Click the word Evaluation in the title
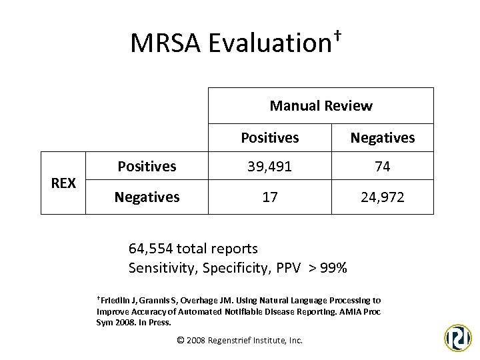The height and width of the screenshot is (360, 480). click(265, 43)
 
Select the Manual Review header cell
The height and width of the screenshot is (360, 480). click(321, 105)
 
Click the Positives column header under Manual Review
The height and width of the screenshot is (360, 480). click(269, 138)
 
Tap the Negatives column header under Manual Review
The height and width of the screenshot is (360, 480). click(383, 138)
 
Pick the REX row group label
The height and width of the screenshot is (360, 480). click(63, 183)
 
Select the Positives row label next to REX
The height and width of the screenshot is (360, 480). click(147, 166)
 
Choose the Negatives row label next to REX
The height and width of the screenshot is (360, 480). click(147, 197)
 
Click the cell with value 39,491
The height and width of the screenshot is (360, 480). click(269, 167)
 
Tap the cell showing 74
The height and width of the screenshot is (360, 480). click(383, 167)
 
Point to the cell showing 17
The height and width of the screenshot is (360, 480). click(269, 198)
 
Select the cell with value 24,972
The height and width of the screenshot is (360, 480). click(383, 198)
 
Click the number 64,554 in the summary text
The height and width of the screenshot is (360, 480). click(151, 249)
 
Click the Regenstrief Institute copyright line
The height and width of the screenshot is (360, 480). click(239, 340)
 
